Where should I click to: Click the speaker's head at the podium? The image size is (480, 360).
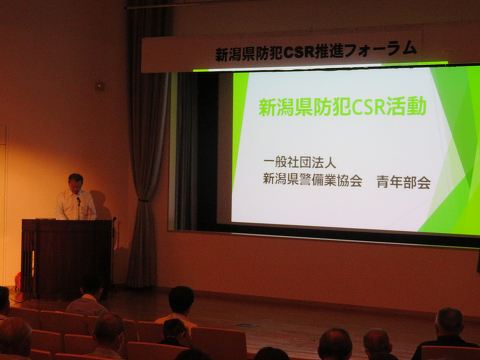click(x=76, y=183)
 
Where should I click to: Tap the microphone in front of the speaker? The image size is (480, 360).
click(x=79, y=201)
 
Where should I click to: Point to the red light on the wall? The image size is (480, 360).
click(x=99, y=86)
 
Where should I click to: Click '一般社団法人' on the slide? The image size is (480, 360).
click(x=299, y=163)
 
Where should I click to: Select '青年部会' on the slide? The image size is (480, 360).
click(x=404, y=182)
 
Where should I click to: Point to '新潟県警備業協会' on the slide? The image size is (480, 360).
click(x=312, y=180)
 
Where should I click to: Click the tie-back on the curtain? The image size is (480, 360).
click(x=143, y=201)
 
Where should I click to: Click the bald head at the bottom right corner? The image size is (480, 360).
click(x=449, y=322)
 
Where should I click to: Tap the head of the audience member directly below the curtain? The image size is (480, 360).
click(x=181, y=299)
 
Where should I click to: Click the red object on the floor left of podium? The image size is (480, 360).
click(x=18, y=279)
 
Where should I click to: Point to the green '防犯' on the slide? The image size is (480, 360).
click(x=332, y=107)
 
